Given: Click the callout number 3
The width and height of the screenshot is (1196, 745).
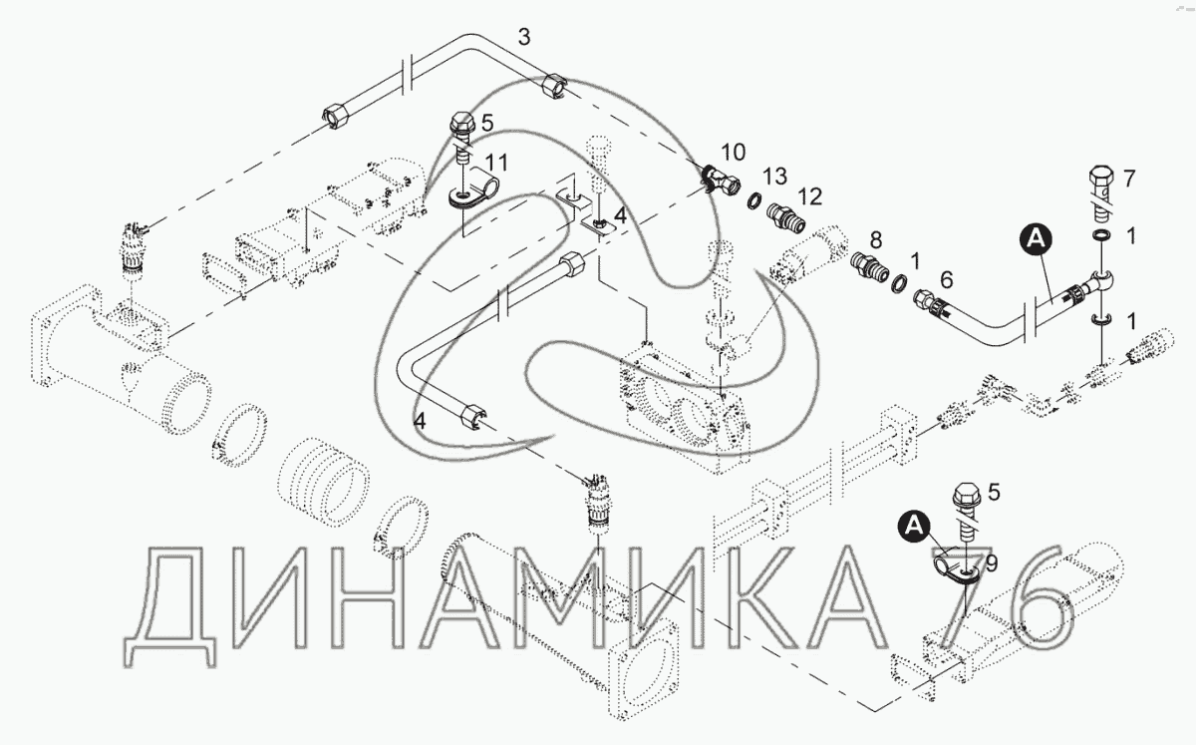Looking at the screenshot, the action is point(524,38).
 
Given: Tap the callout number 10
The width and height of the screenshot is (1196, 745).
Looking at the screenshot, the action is point(734,153).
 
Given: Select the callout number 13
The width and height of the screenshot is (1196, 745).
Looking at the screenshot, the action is point(774,176).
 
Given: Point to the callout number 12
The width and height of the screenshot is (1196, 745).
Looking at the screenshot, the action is point(810,196).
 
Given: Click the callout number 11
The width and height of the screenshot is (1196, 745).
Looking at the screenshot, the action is point(496,163).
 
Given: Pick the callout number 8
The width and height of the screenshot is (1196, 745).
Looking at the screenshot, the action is point(876,240).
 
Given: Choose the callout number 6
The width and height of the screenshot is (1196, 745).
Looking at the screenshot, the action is point(946,279).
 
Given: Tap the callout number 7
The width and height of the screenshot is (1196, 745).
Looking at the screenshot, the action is point(1128,179).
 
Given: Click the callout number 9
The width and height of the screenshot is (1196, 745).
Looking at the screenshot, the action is point(991,563).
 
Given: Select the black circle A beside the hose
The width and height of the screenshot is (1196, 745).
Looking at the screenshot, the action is point(1037,239).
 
